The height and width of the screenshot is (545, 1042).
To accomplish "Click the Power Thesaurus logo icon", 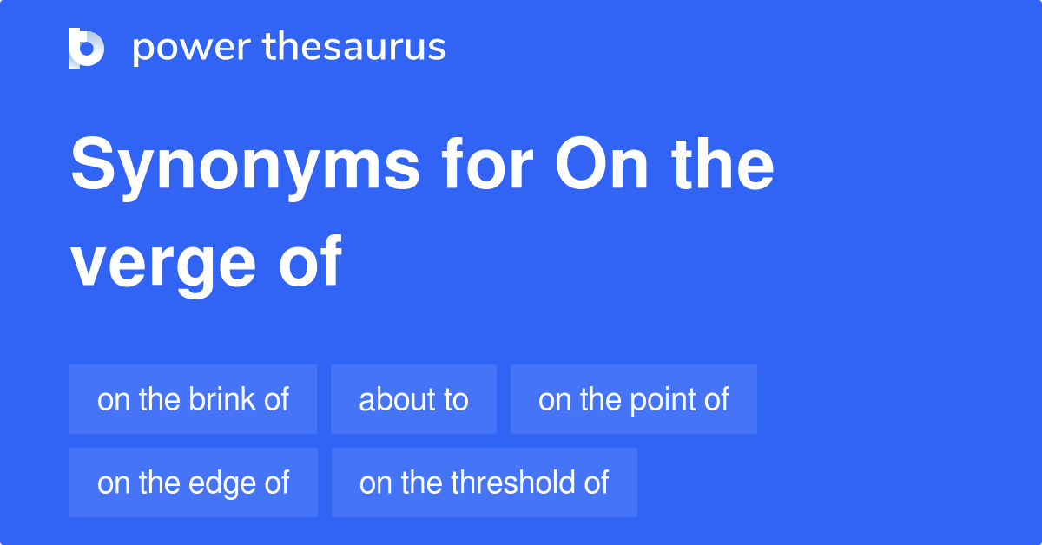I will point(87,48).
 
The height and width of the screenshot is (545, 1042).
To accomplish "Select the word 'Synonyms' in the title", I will point(246,167).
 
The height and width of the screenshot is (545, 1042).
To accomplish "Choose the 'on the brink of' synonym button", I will point(193,399).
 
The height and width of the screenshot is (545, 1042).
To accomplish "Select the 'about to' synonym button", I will point(413,399).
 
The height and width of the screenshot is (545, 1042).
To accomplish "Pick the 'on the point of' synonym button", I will point(633,399).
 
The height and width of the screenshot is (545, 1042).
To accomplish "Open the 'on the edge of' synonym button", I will point(193,483).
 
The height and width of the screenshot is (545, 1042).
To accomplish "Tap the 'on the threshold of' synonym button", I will point(484,483).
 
